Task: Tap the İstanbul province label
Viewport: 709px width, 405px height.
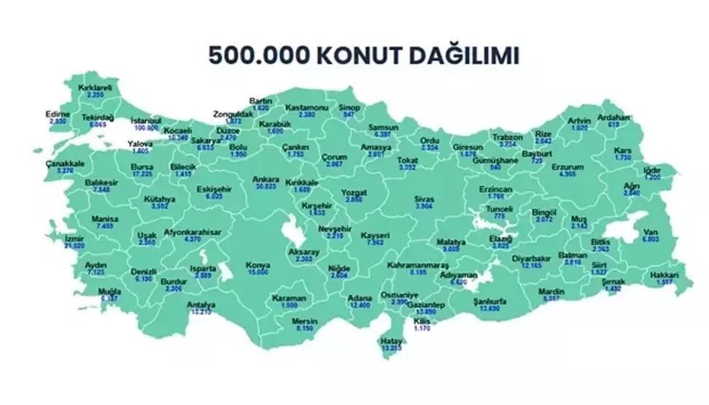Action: [146, 120]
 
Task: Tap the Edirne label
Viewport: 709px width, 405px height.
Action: [58, 115]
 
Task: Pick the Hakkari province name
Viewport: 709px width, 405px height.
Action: [664, 276]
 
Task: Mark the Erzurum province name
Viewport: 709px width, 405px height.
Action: [570, 167]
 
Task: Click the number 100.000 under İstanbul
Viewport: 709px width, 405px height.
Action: [146, 127]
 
